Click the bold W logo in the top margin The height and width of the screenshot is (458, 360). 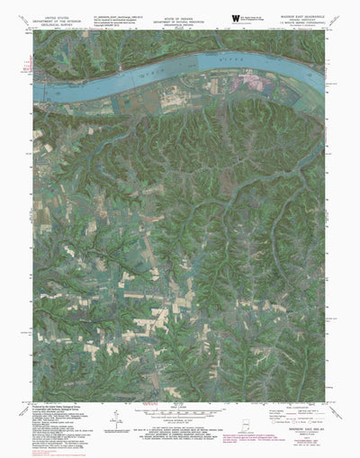point(236,15)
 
